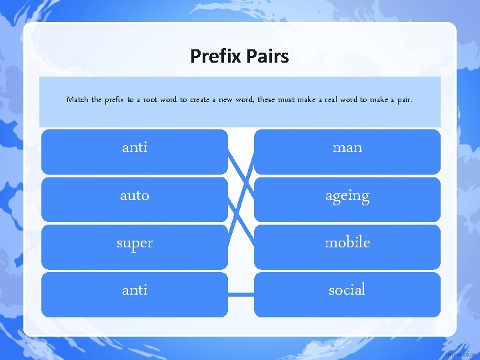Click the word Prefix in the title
click(215, 56)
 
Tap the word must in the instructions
click(293, 100)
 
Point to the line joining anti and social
click(241, 294)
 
